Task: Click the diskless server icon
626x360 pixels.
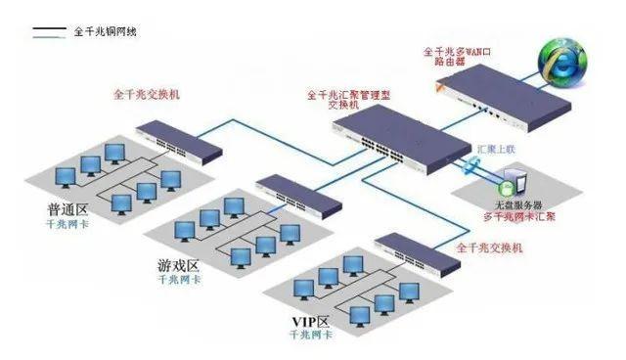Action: coord(508,189)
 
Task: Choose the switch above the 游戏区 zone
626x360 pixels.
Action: coord(297,196)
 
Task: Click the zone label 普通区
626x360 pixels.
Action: coord(67,210)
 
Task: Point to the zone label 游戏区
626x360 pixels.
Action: coord(178,266)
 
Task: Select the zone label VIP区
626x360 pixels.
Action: coord(310,322)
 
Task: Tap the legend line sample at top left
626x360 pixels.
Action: coord(50,32)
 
